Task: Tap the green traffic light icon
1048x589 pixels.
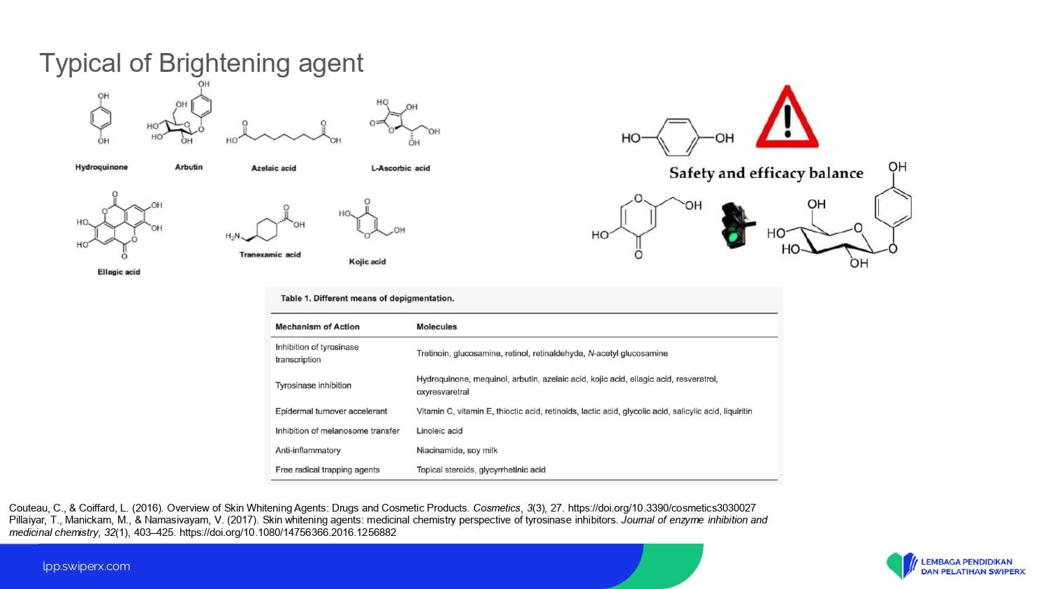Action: [x=736, y=226]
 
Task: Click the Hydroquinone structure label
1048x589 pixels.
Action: [x=101, y=167]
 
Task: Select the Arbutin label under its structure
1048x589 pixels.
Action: [x=189, y=167]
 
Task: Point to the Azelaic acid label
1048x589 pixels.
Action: [x=274, y=168]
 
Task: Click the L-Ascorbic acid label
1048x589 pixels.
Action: [x=400, y=168]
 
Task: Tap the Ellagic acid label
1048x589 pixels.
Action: [x=119, y=272]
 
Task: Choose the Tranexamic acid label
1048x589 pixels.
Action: [x=270, y=255]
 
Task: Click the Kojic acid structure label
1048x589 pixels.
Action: [x=367, y=262]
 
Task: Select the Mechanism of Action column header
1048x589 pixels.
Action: [x=317, y=327]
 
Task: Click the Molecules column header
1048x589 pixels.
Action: [x=437, y=327]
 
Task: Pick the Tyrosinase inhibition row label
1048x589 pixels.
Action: [x=313, y=386]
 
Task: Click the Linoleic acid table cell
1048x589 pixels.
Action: [x=439, y=431]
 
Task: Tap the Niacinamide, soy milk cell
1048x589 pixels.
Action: [x=457, y=451]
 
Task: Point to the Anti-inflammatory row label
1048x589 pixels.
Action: [x=308, y=451]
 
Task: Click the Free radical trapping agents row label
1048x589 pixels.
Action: [x=327, y=470]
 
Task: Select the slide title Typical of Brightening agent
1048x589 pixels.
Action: [x=201, y=63]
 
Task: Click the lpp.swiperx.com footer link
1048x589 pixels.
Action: [x=87, y=567]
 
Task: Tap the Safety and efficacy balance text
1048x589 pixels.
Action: [x=766, y=174]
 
